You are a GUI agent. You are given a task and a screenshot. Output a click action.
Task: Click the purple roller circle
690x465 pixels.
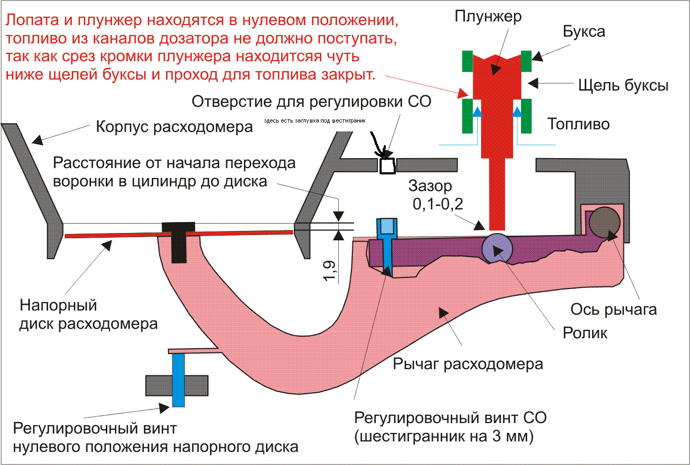[496, 248]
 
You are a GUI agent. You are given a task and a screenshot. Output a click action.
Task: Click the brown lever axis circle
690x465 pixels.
[604, 222]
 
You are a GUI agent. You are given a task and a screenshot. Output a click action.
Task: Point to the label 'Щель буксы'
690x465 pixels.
[622, 85]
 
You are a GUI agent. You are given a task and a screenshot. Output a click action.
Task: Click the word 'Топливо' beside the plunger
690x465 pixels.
[578, 124]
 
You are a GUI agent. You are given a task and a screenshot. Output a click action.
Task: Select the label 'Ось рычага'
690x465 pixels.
[614, 309]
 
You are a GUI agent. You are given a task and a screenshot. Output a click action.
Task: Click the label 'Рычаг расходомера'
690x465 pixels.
[468, 363]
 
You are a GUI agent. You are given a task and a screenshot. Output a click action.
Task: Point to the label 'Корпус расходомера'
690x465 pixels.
[174, 127]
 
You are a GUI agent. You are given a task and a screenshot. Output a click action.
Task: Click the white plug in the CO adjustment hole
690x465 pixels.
[387, 166]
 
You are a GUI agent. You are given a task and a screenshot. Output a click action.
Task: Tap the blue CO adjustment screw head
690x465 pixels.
[387, 226]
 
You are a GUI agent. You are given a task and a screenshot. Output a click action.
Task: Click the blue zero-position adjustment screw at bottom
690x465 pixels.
[179, 380]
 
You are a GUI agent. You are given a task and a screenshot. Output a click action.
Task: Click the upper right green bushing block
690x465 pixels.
[526, 61]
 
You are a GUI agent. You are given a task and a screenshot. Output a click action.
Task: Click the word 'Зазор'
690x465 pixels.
[430, 186]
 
